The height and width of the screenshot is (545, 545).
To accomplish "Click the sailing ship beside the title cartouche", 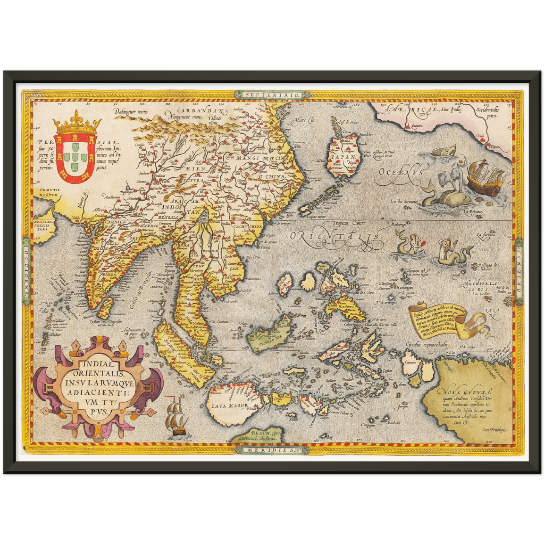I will coord(177,418).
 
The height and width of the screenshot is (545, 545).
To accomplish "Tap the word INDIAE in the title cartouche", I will coord(97,364).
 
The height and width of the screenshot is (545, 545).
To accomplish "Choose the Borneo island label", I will coord(270,337).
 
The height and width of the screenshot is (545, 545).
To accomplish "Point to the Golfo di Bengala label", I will coord(139,291).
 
